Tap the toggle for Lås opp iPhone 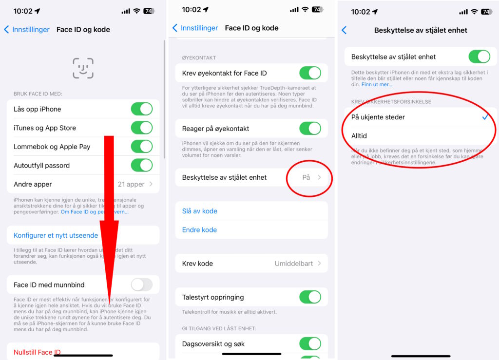141,109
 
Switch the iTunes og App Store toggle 141,128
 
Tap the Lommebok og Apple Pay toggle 141,147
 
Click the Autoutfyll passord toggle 141,166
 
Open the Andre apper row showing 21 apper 83,184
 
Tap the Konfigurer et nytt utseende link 56,235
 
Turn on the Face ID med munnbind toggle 141,285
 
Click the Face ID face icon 83,68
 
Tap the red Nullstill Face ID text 37,352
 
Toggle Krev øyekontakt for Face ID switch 310,74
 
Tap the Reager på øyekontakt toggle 310,129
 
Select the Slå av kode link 200,211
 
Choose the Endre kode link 199,230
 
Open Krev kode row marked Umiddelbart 251,264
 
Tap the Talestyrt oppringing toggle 310,297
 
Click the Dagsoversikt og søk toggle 310,344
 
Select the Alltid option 359,136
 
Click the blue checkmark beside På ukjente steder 485,117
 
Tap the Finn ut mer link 377,85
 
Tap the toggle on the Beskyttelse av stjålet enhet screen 479,57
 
